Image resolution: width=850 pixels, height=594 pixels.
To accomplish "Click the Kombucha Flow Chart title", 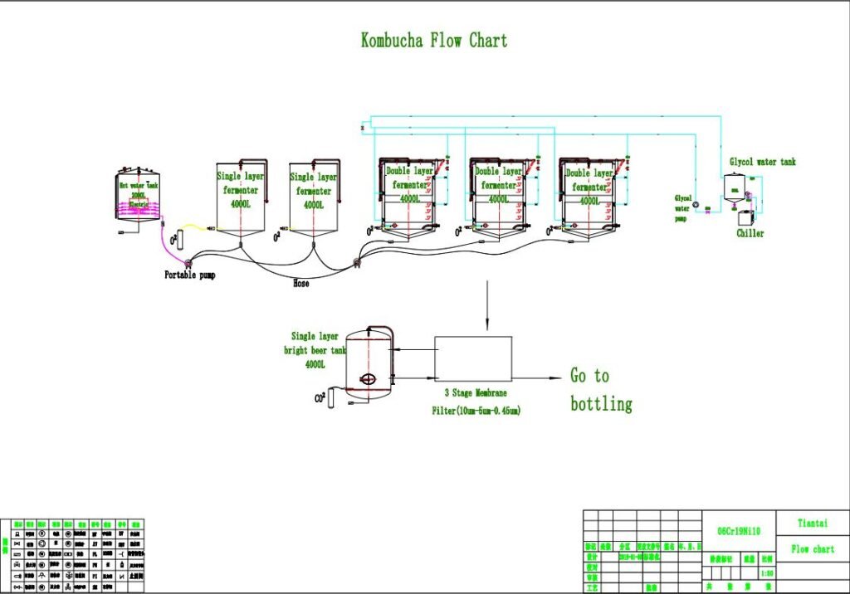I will (x=433, y=41).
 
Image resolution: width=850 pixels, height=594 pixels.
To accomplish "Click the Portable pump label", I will (x=189, y=275).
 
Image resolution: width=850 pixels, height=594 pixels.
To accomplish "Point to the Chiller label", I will (x=750, y=233).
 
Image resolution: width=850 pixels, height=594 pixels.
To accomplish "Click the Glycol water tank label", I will (x=762, y=162).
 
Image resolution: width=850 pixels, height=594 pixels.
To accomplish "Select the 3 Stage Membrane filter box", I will (x=473, y=358).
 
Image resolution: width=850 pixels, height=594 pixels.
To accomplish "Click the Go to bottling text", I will (x=600, y=390).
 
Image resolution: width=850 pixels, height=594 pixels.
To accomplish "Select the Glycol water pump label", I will (x=683, y=208).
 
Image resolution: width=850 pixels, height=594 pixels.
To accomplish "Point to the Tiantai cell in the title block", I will (x=813, y=523).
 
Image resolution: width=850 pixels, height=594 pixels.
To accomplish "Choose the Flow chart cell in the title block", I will (x=813, y=549).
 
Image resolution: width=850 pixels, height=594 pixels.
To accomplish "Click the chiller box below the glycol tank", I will (x=748, y=218).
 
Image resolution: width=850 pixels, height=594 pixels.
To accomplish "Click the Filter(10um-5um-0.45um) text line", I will (x=476, y=410).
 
